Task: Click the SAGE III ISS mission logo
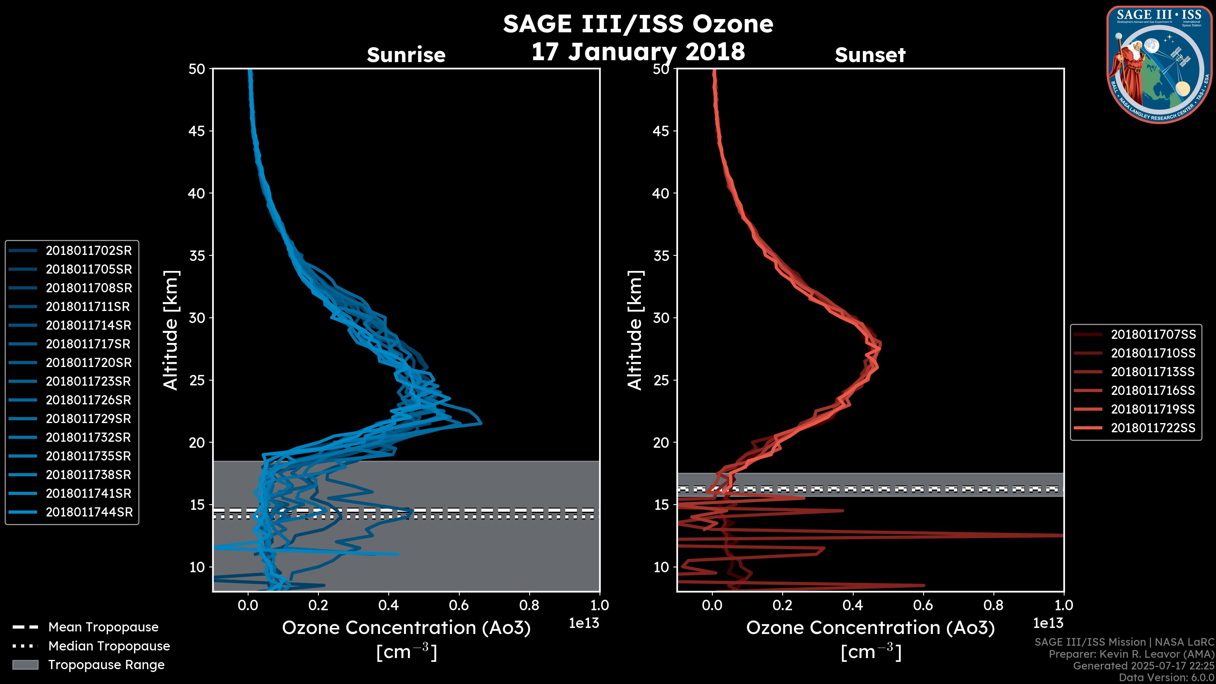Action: (1159, 65)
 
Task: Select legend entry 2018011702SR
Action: (88, 251)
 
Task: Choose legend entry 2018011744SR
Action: (89, 512)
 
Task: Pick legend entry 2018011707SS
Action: (1153, 335)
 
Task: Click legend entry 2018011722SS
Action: (1153, 428)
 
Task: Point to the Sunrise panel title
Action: (406, 55)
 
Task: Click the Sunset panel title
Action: (870, 55)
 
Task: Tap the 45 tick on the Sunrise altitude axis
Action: (197, 131)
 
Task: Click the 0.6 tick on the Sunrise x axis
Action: (459, 605)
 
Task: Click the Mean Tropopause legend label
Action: (103, 627)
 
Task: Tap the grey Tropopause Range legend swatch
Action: (25, 665)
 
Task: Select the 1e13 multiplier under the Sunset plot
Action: (1048, 624)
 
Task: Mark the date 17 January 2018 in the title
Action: (638, 51)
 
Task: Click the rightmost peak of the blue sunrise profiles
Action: (481, 423)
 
